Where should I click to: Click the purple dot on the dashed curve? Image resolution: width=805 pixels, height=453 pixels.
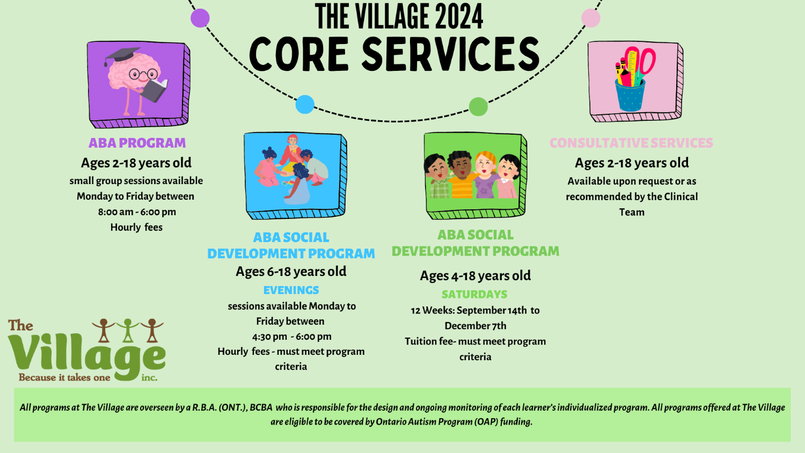pyautogui.click(x=200, y=18)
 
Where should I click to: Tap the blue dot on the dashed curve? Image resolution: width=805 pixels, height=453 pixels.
pyautogui.click(x=305, y=105)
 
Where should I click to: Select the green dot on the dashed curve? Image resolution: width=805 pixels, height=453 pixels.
pyautogui.click(x=478, y=107)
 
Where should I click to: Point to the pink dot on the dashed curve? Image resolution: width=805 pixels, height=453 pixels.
pyautogui.click(x=591, y=18)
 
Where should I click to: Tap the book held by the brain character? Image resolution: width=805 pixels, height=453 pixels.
pyautogui.click(x=154, y=90)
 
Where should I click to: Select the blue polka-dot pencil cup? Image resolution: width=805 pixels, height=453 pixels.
pyautogui.click(x=630, y=96)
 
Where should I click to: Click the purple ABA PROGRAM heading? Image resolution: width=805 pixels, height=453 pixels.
pyautogui.click(x=137, y=143)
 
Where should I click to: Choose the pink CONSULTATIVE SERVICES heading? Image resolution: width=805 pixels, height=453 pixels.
pyautogui.click(x=632, y=143)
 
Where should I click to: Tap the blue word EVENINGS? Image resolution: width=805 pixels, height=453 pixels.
pyautogui.click(x=291, y=290)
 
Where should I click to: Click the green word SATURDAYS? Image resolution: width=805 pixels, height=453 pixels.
pyautogui.click(x=474, y=294)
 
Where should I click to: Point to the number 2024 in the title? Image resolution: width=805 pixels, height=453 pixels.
pyautogui.click(x=459, y=17)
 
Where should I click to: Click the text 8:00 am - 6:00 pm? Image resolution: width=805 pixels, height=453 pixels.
pyautogui.click(x=137, y=212)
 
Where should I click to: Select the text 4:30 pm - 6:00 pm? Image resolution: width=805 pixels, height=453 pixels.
pyautogui.click(x=291, y=337)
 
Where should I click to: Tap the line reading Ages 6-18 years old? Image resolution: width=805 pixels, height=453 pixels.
pyautogui.click(x=291, y=272)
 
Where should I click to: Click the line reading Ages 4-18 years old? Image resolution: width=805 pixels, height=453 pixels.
pyautogui.click(x=475, y=276)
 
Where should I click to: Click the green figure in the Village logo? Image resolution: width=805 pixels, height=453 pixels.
pyautogui.click(x=128, y=330)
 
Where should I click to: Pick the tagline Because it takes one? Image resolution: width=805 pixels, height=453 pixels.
pyautogui.click(x=65, y=377)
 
